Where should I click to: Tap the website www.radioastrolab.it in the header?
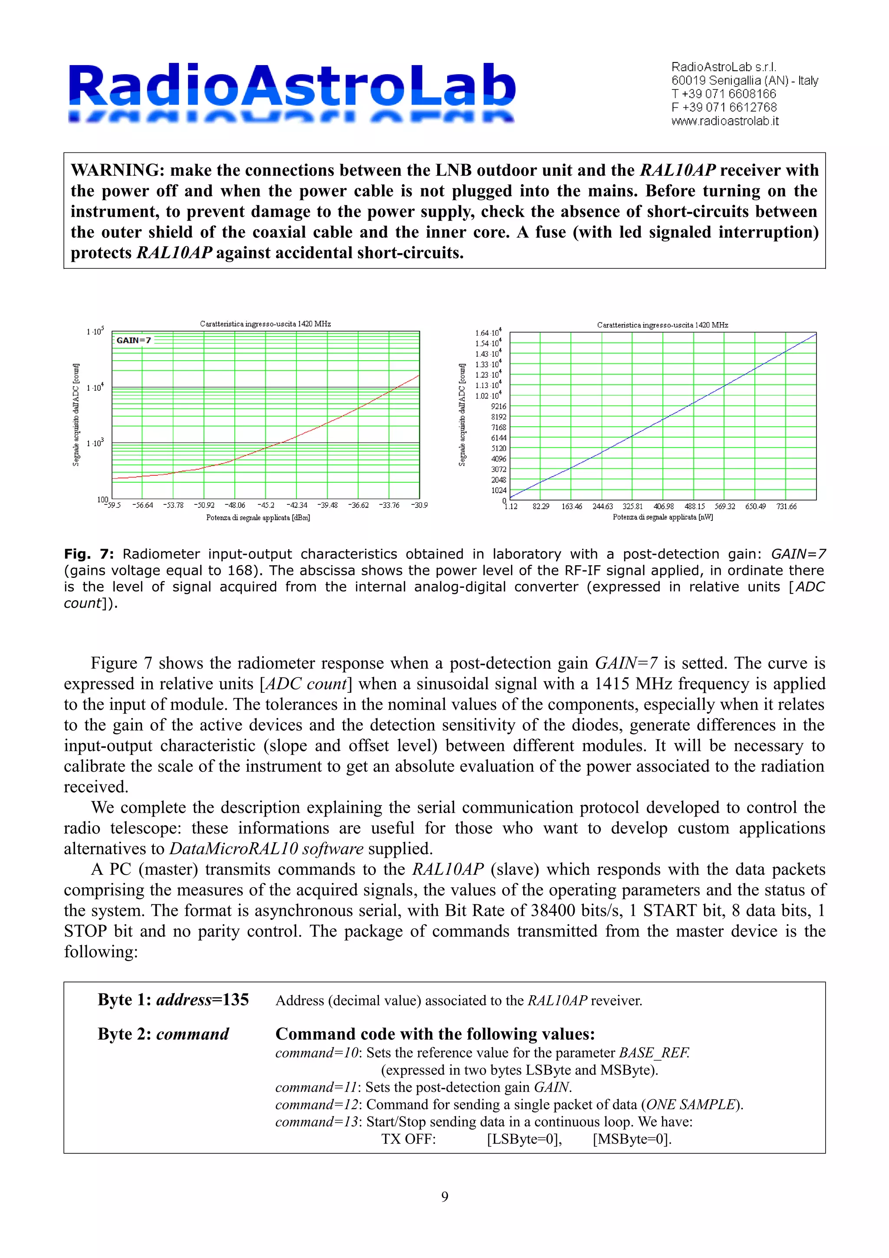[x=724, y=121]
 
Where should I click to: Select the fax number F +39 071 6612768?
[x=724, y=107]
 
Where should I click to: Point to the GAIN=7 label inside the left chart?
[x=133, y=340]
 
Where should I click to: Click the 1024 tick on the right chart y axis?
[x=498, y=491]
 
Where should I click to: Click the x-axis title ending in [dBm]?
[x=258, y=518]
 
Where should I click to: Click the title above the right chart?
[x=662, y=325]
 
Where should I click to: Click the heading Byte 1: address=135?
[x=173, y=1000]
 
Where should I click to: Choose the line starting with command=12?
[x=509, y=1105]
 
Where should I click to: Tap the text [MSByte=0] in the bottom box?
[x=632, y=1139]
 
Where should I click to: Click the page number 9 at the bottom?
[x=444, y=1197]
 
